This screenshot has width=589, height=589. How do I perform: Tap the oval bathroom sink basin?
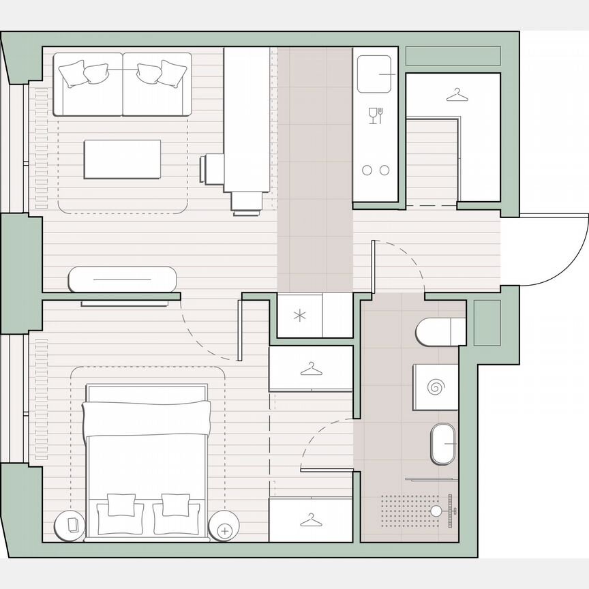(x=443, y=444)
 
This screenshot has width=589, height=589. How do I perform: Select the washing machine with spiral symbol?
(x=435, y=387)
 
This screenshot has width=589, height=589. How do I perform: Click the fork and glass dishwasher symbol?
(x=376, y=115)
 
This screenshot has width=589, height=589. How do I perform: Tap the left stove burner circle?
(x=367, y=170)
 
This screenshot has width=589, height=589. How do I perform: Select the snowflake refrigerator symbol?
(x=299, y=315)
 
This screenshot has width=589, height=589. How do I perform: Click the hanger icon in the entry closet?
(x=457, y=96)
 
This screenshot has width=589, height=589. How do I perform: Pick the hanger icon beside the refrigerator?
(x=311, y=369)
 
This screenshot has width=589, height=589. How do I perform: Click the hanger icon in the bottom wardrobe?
(x=311, y=520)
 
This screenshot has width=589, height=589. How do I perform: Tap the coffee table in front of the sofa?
(x=122, y=159)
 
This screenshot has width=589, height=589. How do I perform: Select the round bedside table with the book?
(x=70, y=525)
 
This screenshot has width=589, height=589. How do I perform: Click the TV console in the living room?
(x=123, y=280)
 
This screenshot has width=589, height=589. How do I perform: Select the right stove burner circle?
(x=384, y=170)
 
